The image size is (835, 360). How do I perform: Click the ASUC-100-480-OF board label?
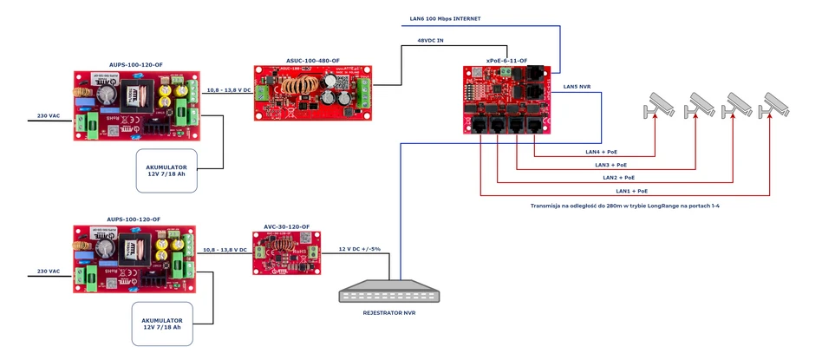click(x=313, y=61)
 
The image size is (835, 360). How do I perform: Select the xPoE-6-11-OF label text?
click(x=506, y=61)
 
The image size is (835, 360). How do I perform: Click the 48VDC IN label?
click(x=432, y=40)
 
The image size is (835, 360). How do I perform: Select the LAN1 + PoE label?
click(x=631, y=190)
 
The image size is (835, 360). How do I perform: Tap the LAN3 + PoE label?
click(x=610, y=165)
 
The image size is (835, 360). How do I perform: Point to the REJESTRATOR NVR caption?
click(x=388, y=312)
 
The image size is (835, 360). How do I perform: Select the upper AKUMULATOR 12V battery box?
click(x=166, y=170)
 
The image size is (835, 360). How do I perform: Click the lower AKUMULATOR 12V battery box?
click(x=162, y=323)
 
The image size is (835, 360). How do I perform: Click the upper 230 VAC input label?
click(x=49, y=115)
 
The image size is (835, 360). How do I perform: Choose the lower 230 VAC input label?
click(x=49, y=271)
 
